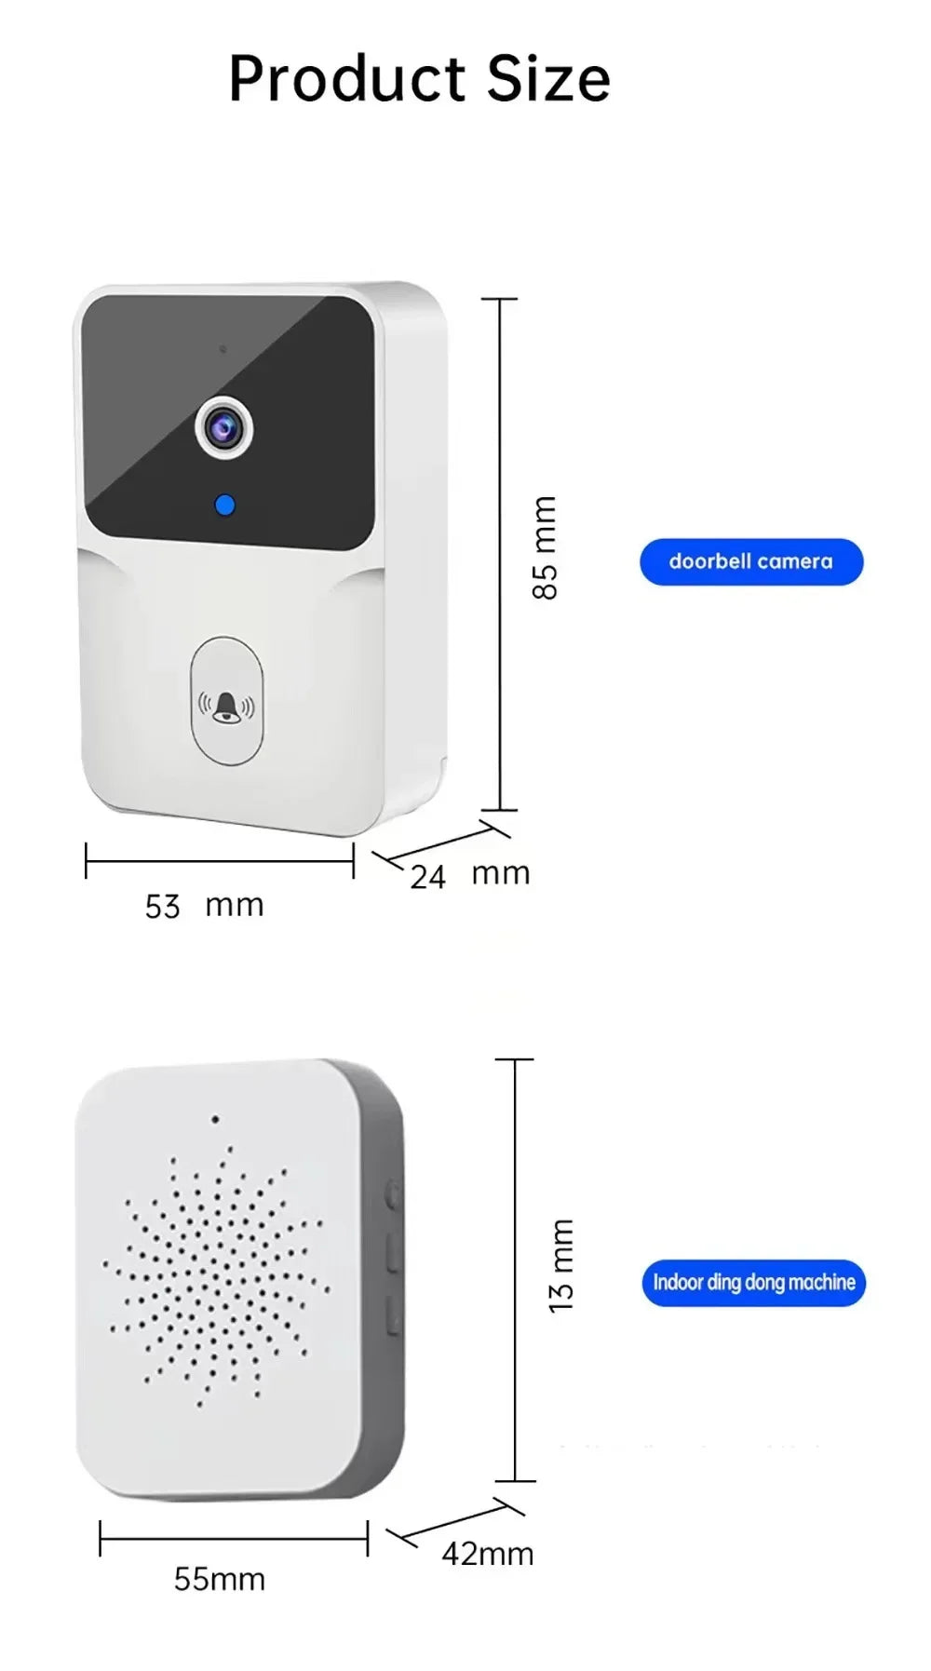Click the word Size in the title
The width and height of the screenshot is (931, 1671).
pos(548,79)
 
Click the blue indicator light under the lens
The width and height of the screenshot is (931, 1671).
pos(224,505)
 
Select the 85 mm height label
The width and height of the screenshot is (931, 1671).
pos(545,547)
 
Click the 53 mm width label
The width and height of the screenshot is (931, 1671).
pos(204,906)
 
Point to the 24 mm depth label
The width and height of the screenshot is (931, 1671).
pos(469,875)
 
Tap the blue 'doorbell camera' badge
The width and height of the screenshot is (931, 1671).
pos(750,561)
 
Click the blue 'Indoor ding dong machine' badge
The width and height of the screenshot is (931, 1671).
pos(753,1283)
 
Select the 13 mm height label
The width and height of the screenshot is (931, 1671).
pos(561,1265)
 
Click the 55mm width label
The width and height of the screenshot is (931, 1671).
pos(220,1579)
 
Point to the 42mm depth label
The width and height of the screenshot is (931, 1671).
pos(487,1554)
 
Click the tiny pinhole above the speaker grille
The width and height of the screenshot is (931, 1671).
pos(215,1119)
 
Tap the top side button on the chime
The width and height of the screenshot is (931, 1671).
pos(392,1194)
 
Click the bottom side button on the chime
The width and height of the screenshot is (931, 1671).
pos(393,1314)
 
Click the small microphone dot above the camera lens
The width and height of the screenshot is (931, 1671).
pos(223,349)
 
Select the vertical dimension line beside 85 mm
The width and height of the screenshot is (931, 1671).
pos(500,555)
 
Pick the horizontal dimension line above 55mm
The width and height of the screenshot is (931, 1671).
pos(234,1539)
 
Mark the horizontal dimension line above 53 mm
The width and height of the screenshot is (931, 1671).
pos(220,861)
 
